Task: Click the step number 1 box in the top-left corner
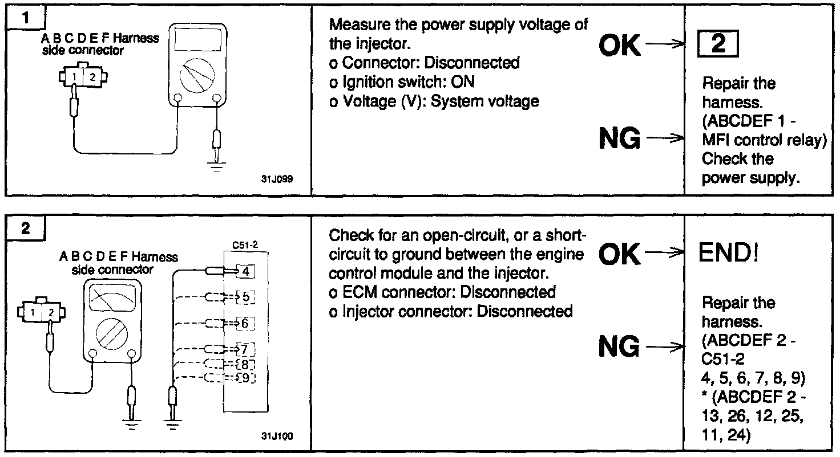click(25, 19)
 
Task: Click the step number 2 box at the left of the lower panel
click(25, 229)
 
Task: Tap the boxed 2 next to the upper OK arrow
click(718, 44)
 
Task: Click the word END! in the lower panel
click(729, 252)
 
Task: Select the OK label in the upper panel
click(620, 46)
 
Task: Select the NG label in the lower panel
click(620, 346)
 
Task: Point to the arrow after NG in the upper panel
click(665, 138)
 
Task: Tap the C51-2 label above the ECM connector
click(245, 245)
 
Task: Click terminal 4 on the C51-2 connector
click(245, 271)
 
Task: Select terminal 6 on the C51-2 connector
click(245, 324)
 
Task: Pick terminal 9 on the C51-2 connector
click(245, 377)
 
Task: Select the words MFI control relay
click(764, 140)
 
